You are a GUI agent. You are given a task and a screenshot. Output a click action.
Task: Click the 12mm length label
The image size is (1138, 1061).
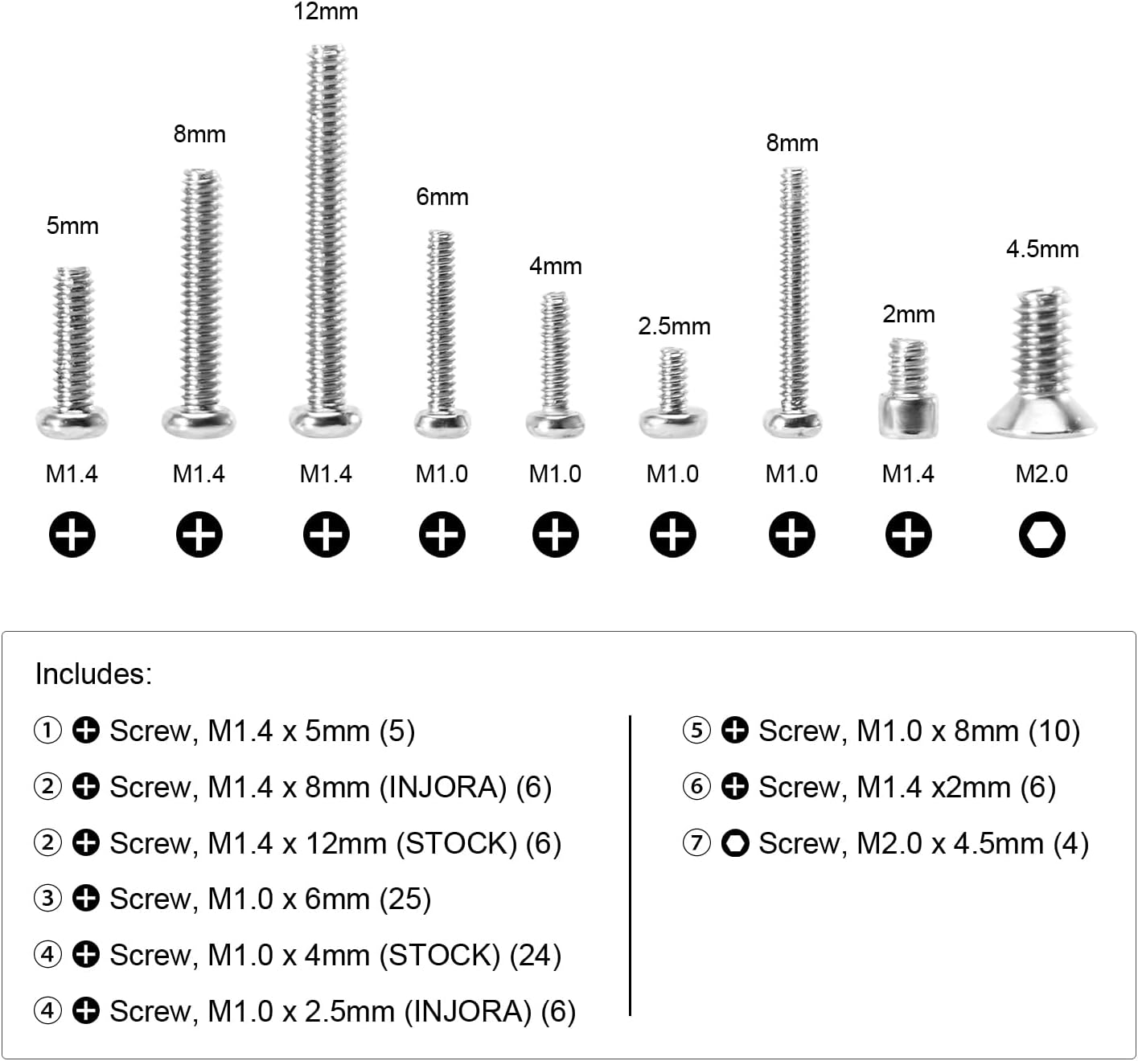326,11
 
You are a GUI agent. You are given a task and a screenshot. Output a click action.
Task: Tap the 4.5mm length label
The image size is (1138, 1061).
1042,249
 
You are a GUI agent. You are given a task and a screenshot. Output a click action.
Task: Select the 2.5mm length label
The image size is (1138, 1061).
674,326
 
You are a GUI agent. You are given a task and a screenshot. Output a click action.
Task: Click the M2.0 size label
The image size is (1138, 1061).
1041,473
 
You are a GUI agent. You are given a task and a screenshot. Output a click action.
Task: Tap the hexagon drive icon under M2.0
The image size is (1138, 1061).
1041,534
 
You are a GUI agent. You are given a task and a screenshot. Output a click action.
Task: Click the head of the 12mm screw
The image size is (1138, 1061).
326,420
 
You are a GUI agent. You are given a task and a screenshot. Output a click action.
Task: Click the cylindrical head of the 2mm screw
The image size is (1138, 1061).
908,416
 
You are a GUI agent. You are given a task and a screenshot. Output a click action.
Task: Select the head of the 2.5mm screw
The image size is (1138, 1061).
672,423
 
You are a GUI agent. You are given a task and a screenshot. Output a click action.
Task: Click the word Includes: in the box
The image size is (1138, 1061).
93,674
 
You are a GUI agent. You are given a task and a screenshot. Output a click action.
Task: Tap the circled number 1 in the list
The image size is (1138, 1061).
47,731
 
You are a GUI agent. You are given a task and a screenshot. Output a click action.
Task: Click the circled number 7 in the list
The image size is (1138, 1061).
696,842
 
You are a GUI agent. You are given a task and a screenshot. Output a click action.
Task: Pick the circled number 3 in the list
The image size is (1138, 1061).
47,899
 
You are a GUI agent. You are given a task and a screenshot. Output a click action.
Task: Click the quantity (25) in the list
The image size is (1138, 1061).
405,899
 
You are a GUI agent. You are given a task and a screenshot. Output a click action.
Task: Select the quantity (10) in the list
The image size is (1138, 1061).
1054,731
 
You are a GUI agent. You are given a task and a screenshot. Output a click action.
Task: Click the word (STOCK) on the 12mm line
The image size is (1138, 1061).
457,843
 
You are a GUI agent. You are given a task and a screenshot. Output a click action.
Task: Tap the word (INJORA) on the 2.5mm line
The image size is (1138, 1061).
468,1011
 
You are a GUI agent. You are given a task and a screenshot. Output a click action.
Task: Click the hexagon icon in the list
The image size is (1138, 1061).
735,842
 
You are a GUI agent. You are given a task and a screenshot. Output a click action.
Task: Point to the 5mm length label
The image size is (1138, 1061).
72,226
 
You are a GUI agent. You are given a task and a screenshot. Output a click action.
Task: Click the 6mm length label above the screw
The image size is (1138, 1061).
442,197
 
